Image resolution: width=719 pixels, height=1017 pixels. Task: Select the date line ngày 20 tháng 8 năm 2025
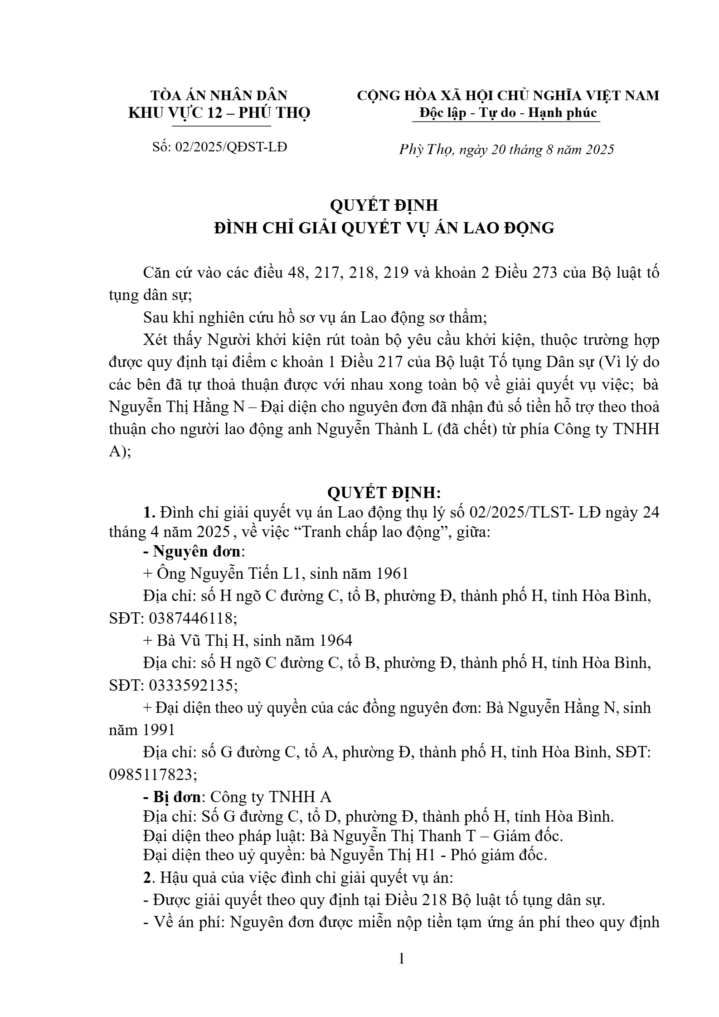pyautogui.click(x=537, y=150)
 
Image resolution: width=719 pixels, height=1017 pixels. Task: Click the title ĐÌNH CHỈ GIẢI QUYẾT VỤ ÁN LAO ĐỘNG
pyautogui.click(x=384, y=228)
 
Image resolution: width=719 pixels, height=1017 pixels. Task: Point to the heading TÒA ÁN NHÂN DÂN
pyautogui.click(x=219, y=95)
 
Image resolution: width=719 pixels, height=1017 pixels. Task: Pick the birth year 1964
pyautogui.click(x=335, y=640)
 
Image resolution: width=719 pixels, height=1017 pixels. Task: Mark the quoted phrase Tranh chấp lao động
pyautogui.click(x=371, y=532)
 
